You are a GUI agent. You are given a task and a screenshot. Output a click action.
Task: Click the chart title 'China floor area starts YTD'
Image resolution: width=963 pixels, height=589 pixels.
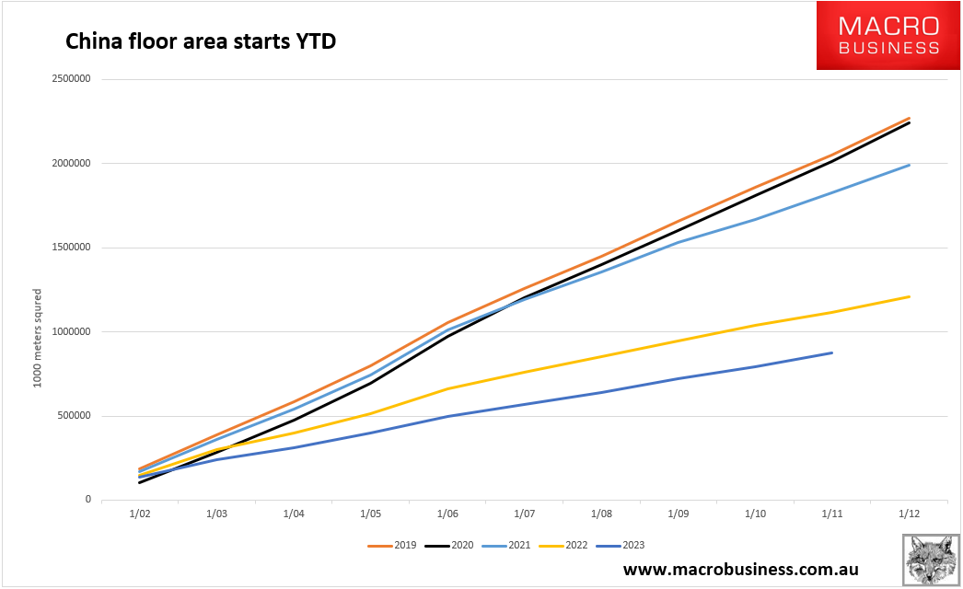(x=199, y=41)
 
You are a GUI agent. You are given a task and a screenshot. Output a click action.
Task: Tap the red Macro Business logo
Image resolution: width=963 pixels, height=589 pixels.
(x=888, y=36)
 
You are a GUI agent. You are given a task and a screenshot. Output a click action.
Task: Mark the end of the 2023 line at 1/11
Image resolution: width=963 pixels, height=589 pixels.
(x=832, y=352)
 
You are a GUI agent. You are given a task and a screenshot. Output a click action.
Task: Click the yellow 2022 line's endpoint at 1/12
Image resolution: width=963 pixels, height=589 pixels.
(x=910, y=296)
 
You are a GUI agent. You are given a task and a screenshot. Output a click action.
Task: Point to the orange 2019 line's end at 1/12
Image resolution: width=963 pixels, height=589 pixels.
(x=910, y=118)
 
